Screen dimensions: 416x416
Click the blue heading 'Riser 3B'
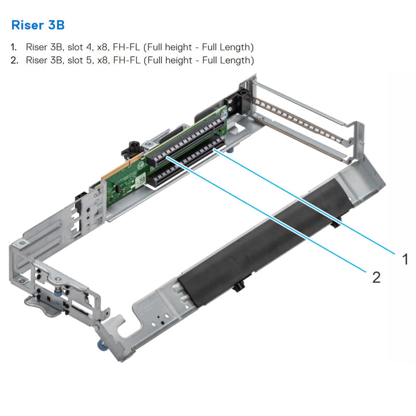(38, 25)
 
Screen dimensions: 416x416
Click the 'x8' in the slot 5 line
(105, 60)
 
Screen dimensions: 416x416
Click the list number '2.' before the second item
(14, 60)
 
